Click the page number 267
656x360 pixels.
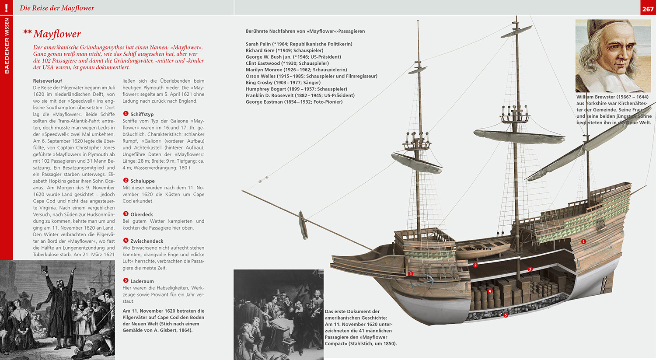648,9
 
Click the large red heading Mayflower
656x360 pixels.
57,34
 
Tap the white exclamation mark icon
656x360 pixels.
6,7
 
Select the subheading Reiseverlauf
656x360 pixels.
48,81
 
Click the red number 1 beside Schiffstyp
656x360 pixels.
126,114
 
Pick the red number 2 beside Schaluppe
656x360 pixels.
126,181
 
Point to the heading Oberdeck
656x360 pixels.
141,214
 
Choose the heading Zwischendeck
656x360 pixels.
147,241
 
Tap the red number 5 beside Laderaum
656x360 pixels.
126,281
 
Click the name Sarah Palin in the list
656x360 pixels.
258,44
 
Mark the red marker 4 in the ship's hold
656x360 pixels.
490,291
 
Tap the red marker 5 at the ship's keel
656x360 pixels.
506,315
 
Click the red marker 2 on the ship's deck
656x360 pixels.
475,265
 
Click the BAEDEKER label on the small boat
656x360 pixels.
480,249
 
